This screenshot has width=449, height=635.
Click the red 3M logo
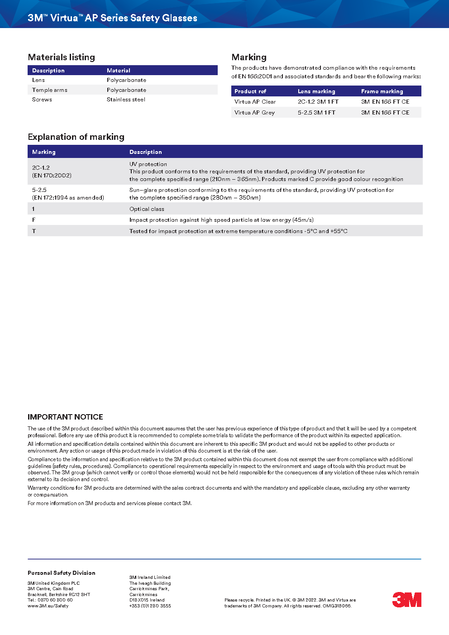pyautogui.click(x=406, y=600)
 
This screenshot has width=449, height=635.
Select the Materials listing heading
pyautogui.click(x=62, y=57)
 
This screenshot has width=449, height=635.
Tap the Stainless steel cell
pyautogui.click(x=126, y=100)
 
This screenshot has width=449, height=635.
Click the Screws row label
pyautogui.click(x=42, y=100)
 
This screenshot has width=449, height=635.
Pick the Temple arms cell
pyautogui.click(x=50, y=90)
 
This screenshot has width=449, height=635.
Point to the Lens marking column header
pyautogui.click(x=316, y=91)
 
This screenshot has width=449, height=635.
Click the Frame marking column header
pyautogui.click(x=382, y=91)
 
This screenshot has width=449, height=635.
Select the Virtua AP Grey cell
pyautogui.click(x=254, y=113)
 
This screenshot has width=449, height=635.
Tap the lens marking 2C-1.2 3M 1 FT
pyautogui.click(x=318, y=102)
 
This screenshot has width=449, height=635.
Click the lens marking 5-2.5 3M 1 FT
pyautogui.click(x=316, y=113)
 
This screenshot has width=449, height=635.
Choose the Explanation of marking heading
pyautogui.click(x=76, y=137)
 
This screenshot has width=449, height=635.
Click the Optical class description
pyautogui.click(x=147, y=209)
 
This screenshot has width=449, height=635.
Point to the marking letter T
pyautogui.click(x=34, y=231)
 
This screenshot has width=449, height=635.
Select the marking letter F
pyautogui.click(x=34, y=220)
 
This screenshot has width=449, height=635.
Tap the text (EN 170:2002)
pyautogui.click(x=52, y=176)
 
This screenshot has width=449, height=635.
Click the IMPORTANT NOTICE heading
pyautogui.click(x=65, y=417)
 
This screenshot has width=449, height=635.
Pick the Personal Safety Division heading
pyautogui.click(x=62, y=573)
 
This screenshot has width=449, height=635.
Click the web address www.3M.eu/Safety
pyautogui.click(x=48, y=606)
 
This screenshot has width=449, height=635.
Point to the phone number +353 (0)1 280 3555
pyautogui.click(x=150, y=606)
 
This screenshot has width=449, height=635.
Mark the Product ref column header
pyautogui.click(x=250, y=91)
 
